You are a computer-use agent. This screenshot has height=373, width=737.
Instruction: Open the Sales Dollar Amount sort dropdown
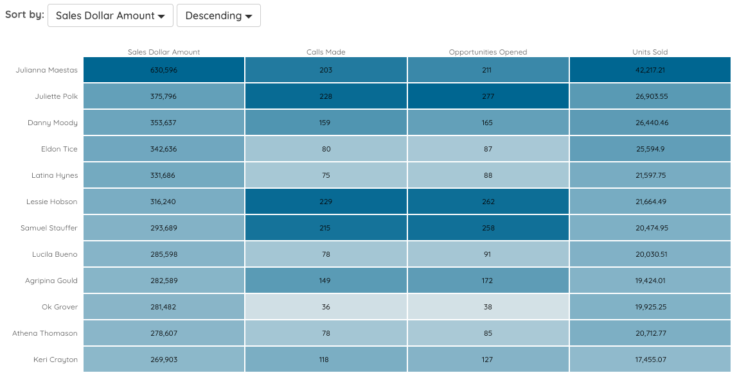pyautogui.click(x=111, y=15)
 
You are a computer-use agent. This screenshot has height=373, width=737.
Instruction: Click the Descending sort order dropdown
pyautogui.click(x=218, y=15)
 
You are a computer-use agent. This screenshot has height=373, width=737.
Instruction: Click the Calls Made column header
pyautogui.click(x=326, y=52)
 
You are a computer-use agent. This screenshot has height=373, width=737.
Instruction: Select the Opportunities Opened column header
pyautogui.click(x=488, y=52)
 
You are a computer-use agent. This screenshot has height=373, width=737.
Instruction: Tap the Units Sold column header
pyautogui.click(x=650, y=52)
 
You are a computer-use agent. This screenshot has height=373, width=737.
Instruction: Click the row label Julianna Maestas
pyautogui.click(x=47, y=70)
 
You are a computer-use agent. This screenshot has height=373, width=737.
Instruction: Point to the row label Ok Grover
pyautogui.click(x=60, y=307)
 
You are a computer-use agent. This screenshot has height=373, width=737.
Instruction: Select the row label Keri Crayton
pyautogui.click(x=55, y=360)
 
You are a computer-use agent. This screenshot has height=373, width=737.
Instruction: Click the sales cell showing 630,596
pyautogui.click(x=164, y=70)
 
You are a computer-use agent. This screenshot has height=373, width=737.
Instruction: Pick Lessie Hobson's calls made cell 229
pyautogui.click(x=326, y=202)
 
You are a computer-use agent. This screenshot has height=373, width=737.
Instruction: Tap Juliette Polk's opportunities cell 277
pyautogui.click(x=488, y=96)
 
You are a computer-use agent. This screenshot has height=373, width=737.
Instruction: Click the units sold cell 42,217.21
pyautogui.click(x=650, y=70)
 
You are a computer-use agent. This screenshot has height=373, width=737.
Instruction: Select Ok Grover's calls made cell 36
pyautogui.click(x=326, y=307)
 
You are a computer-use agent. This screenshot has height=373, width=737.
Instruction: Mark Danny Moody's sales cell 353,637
pyautogui.click(x=164, y=123)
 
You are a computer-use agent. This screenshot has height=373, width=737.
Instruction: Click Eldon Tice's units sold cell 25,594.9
pyautogui.click(x=650, y=149)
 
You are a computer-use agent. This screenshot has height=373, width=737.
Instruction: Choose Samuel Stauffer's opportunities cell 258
pyautogui.click(x=488, y=228)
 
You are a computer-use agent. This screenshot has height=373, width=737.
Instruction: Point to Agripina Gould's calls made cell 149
pyautogui.click(x=326, y=281)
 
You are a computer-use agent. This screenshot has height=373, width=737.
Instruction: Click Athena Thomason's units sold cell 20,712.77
pyautogui.click(x=650, y=333)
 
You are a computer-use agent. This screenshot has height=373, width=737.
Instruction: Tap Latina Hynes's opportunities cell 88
pyautogui.click(x=488, y=175)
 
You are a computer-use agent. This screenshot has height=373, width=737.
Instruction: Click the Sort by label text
pyautogui.click(x=24, y=15)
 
